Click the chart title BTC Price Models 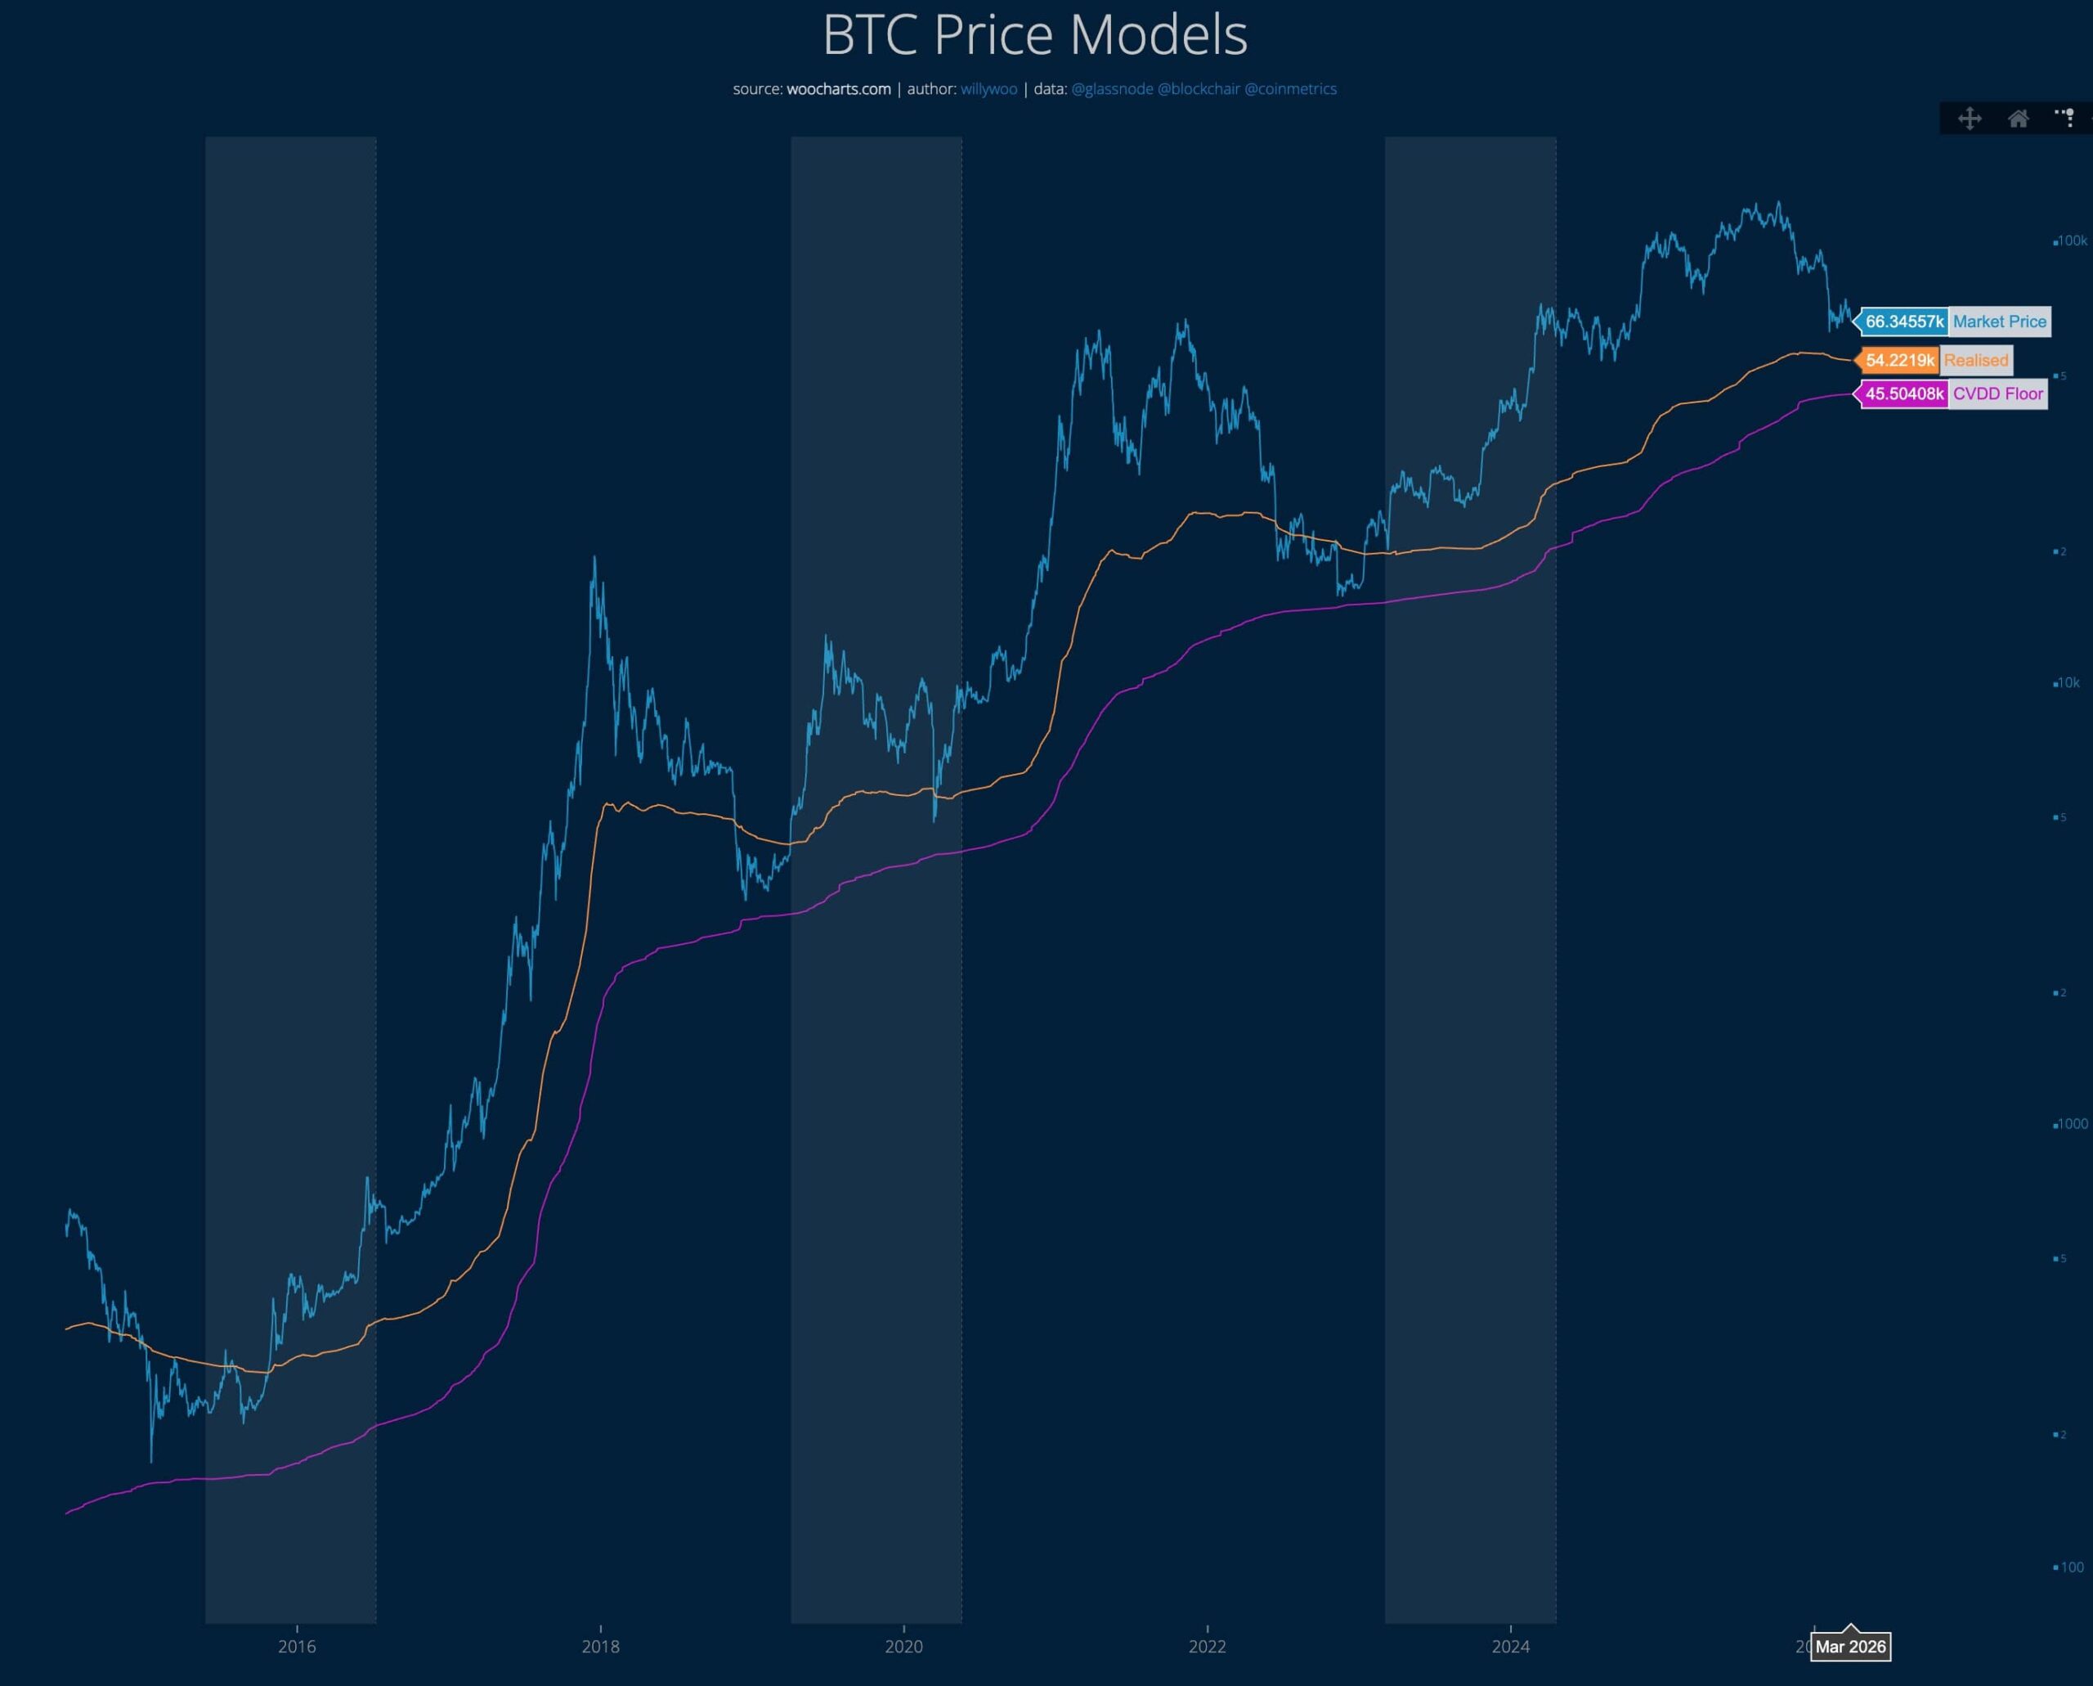pyautogui.click(x=1035, y=35)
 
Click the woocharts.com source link pyautogui.click(x=838, y=89)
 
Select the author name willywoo pyautogui.click(x=988, y=89)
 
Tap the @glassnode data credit pyautogui.click(x=1112, y=89)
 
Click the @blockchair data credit pyautogui.click(x=1198, y=89)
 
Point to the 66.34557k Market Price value pyautogui.click(x=1903, y=321)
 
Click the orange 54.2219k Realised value pyautogui.click(x=1899, y=360)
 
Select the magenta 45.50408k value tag pyautogui.click(x=1903, y=393)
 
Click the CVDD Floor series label pyautogui.click(x=1998, y=393)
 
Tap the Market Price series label pyautogui.click(x=1999, y=321)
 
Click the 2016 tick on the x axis pyautogui.click(x=296, y=1646)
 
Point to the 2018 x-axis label pyautogui.click(x=600, y=1646)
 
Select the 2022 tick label pyautogui.click(x=1207, y=1646)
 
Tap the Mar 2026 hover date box pyautogui.click(x=1850, y=1646)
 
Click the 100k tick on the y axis pyautogui.click(x=2072, y=241)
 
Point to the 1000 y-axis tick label pyautogui.click(x=2072, y=1124)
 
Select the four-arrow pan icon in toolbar pyautogui.click(x=1970, y=119)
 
